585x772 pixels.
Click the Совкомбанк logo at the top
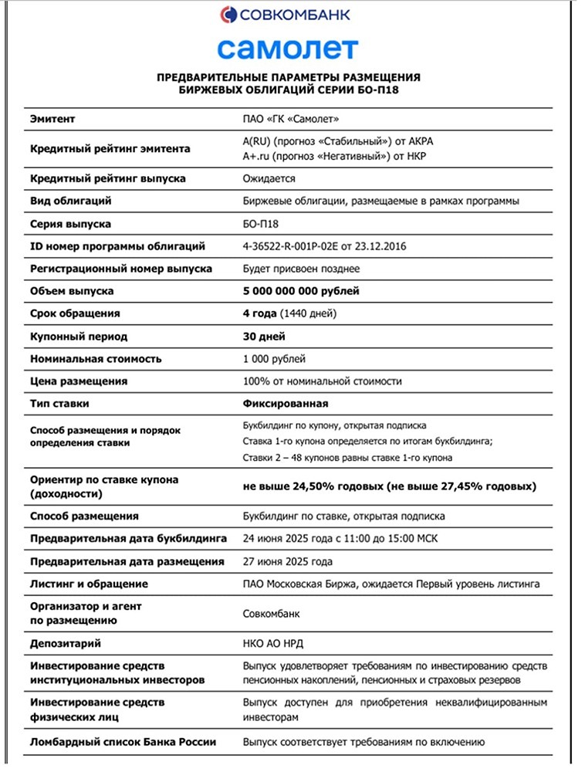click(x=285, y=14)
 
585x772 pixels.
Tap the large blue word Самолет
click(x=288, y=49)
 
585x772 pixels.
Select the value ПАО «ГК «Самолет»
click(x=291, y=119)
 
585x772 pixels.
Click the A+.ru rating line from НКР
click(x=334, y=156)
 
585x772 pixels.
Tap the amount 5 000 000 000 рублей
click(x=301, y=291)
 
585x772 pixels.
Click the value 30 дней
click(x=264, y=337)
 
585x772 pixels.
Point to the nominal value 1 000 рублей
click(x=274, y=359)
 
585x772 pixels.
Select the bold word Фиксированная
click(x=286, y=403)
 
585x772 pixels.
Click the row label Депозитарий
click(x=66, y=643)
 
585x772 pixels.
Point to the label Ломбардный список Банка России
click(x=123, y=742)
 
